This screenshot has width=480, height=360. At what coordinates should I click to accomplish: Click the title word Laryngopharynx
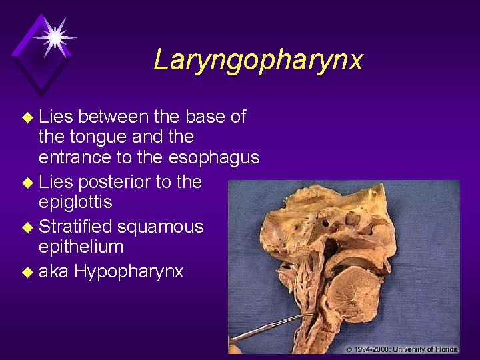tap(258, 60)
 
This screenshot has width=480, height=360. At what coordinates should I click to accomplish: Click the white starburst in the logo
tap(55, 37)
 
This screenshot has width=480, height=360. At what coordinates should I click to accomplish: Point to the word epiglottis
tap(75, 201)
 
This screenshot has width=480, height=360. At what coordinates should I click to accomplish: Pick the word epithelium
tap(81, 247)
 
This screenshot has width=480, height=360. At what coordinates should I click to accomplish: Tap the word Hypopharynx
tap(129, 271)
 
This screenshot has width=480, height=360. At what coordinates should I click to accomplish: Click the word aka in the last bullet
tap(54, 271)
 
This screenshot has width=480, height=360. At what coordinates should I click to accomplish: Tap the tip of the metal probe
tap(312, 315)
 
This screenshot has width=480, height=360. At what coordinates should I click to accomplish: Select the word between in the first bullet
tap(115, 117)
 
